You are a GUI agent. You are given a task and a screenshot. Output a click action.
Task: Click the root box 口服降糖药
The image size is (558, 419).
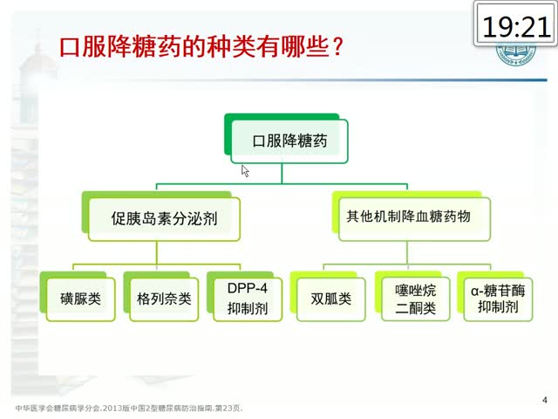coord(289,141)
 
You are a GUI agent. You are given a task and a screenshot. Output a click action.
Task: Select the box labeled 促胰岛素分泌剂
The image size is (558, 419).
coord(164,219)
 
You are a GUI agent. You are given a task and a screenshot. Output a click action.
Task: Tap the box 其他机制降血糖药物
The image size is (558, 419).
coord(415,219)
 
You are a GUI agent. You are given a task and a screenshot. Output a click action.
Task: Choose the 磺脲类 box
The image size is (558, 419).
coord(81,299)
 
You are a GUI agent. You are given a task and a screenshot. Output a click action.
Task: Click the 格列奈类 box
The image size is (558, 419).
coord(164,299)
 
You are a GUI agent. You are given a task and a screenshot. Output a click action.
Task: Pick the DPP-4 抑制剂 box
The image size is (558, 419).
coord(248,299)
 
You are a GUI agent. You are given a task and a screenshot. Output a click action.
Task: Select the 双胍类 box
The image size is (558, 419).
coord(331,299)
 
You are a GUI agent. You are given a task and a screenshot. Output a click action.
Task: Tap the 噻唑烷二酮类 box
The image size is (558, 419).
coord(416,299)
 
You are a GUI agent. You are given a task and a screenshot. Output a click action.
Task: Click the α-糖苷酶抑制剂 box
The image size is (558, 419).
coord(498,299)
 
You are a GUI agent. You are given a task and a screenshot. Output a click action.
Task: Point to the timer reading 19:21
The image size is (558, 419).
coord(516,27)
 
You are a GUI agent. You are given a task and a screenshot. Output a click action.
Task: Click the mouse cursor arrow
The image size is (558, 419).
coord(245,171)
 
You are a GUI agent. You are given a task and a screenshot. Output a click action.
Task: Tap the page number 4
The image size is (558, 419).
coord(545,400)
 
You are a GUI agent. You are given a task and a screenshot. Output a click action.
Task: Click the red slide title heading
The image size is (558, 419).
coord(201,46)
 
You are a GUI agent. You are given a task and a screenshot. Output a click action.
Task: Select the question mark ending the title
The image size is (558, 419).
coord(337,46)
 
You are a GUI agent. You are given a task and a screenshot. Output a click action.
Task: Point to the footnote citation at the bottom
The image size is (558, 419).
coord(129,408)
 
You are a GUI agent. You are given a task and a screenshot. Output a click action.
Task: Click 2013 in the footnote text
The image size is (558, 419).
coord(112,408)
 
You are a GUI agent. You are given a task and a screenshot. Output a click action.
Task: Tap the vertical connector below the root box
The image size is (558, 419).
coord(282,174)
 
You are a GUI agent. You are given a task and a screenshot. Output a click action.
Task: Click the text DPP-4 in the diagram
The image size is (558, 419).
coord(248,289)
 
